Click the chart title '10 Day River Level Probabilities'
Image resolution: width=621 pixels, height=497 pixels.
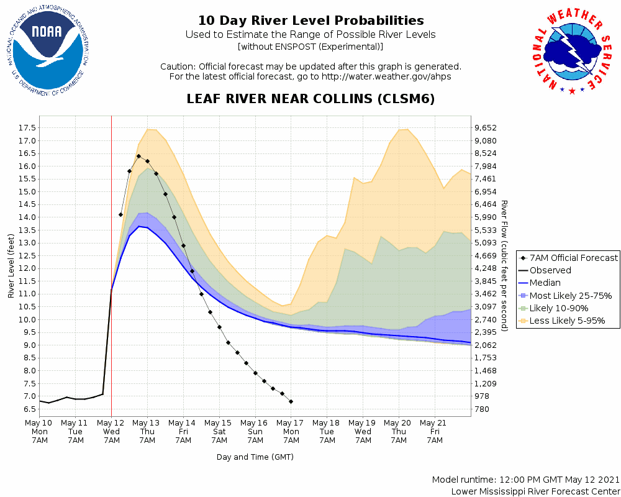coord(310,21)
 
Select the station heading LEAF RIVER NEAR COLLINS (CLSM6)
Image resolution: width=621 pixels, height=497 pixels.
coord(310,99)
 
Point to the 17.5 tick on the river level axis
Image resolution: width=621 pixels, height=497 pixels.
coord(25,128)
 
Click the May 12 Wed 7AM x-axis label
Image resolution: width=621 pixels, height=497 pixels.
coord(111,431)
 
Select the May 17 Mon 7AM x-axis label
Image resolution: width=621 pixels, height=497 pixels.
coord(291,431)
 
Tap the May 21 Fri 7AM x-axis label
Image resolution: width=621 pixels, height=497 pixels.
coord(435,431)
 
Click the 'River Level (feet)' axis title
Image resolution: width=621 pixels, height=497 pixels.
coord(11,266)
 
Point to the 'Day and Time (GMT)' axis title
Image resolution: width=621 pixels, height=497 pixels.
coord(255,457)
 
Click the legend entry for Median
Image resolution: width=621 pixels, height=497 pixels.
coord(545,283)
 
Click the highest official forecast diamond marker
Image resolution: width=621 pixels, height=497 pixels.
coord(138,156)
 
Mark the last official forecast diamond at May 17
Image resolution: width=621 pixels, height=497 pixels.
coord(291,401)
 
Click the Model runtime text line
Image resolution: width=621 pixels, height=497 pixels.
coord(525,480)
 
